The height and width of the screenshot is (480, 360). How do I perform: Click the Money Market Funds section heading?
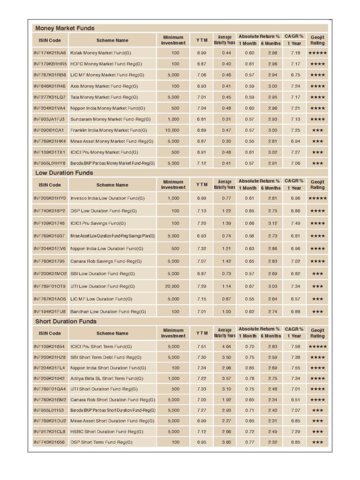[65, 28]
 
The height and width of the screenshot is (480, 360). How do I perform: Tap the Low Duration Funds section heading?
[64, 172]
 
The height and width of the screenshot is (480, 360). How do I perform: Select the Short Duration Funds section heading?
[66, 321]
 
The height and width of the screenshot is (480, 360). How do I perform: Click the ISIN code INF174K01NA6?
[50, 53]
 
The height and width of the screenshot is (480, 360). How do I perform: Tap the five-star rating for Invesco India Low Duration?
[317, 198]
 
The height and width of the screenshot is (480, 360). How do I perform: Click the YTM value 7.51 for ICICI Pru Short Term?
[202, 346]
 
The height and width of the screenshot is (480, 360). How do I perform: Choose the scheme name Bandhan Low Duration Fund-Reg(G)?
[108, 311]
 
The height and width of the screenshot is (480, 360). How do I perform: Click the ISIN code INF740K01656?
[50, 442]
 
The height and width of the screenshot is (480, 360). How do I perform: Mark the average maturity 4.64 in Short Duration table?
[226, 346]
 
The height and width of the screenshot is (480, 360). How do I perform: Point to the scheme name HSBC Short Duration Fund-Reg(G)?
[107, 431]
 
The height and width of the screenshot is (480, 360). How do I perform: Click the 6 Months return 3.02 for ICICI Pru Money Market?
[272, 152]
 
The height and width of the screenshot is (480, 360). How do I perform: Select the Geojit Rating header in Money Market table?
[317, 40]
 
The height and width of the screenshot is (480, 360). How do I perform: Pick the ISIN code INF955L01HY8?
[50, 164]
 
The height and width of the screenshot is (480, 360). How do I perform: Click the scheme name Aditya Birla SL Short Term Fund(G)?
[107, 378]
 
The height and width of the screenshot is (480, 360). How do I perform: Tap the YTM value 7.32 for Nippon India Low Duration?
[202, 248]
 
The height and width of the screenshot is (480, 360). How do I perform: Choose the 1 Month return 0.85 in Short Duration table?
[249, 367]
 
